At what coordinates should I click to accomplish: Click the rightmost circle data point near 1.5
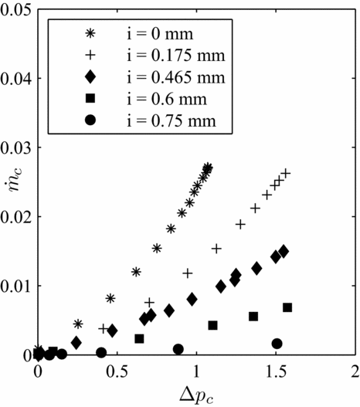(277, 344)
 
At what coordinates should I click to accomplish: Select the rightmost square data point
(287, 307)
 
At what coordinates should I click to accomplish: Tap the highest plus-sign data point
(286, 174)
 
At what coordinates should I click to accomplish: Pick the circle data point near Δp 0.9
(178, 349)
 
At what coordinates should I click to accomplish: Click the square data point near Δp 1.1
(213, 325)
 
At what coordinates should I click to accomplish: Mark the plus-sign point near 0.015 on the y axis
(217, 249)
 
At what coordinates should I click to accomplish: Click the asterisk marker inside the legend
(90, 34)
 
